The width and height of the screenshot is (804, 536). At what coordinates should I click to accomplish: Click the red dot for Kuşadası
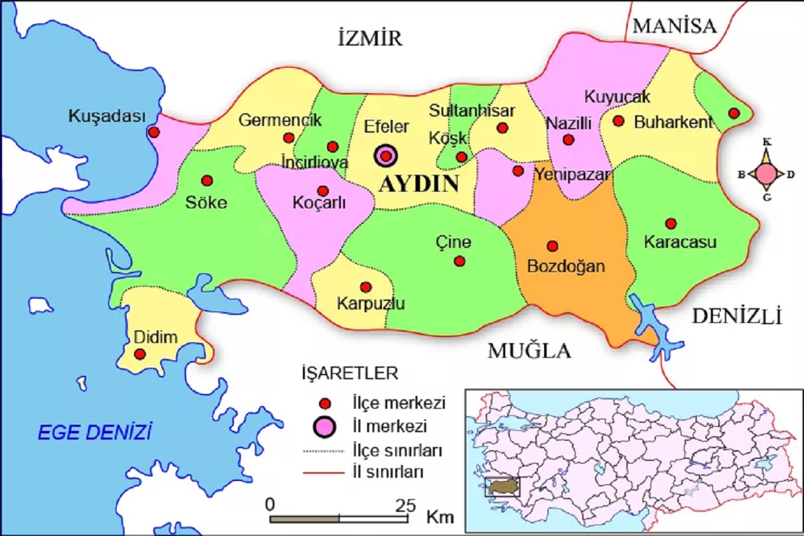[x=153, y=132]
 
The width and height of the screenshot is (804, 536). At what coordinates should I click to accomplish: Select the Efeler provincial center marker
[x=386, y=156]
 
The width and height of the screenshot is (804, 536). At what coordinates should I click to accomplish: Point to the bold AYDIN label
[x=419, y=184]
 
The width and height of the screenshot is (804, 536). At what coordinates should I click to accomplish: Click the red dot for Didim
[x=139, y=353]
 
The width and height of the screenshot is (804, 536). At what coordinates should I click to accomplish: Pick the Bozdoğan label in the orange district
[x=566, y=266]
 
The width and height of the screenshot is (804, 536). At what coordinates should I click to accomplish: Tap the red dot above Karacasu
[x=670, y=223]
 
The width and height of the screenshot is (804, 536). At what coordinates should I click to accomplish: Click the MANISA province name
[x=675, y=26]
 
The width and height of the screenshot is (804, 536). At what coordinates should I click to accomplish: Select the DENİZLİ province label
[x=737, y=316]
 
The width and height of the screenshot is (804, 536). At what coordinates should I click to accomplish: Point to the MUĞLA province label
[x=529, y=350]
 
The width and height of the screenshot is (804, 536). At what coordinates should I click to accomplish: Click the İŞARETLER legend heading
[x=350, y=373]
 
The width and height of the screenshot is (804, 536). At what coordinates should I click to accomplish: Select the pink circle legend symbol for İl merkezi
[x=326, y=425]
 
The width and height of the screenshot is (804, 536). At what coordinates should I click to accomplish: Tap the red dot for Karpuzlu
[x=365, y=287]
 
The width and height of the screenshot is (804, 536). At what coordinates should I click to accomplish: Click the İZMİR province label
[x=370, y=38]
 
